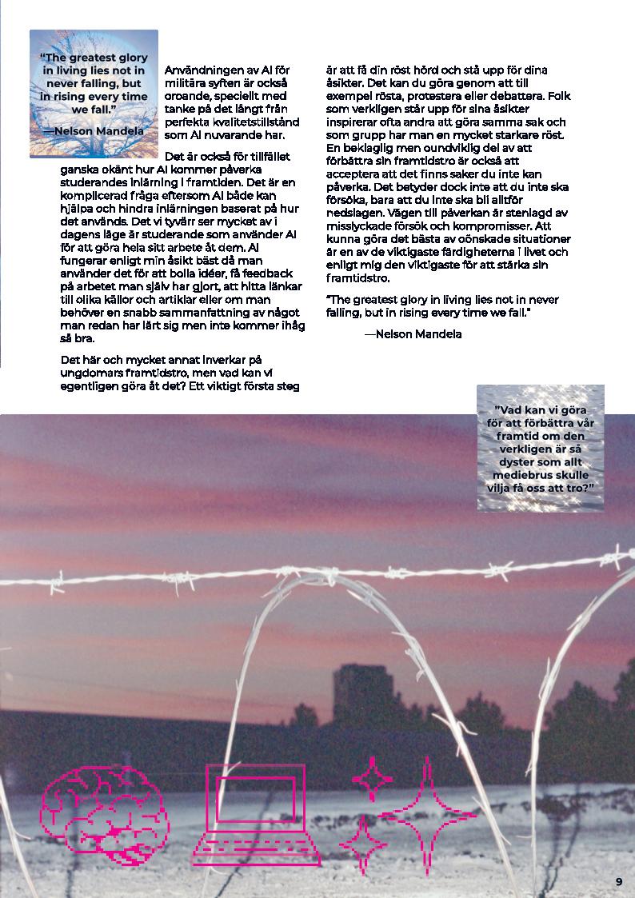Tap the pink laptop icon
255,816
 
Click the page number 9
619,881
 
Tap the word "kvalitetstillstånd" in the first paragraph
253,123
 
